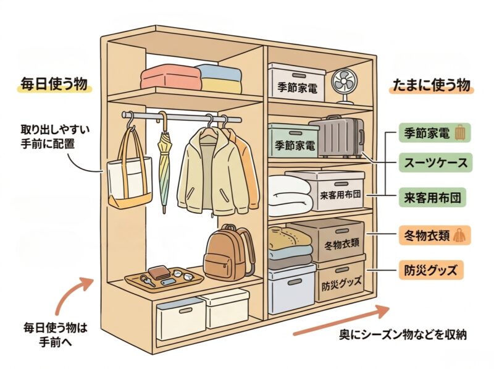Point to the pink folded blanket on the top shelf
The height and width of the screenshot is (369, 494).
coord(170,78)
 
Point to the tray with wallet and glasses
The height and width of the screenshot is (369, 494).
coord(165,278)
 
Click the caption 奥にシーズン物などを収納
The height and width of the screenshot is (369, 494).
coord(403,334)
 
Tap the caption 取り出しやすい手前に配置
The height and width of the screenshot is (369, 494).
coord(46,137)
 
